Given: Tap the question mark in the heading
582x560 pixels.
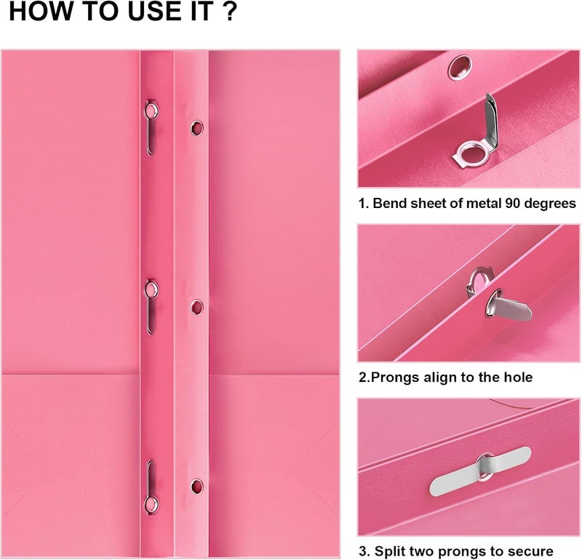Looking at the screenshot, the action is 230,11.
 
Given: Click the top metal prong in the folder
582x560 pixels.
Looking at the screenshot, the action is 151,127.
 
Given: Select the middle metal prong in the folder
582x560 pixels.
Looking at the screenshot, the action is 151,307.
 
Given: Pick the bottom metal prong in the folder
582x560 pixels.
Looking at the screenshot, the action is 151,487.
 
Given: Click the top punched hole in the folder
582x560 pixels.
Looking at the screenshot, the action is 197,128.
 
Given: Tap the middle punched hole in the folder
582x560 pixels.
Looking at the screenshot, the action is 197,308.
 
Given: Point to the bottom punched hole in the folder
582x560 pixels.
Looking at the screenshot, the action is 197,487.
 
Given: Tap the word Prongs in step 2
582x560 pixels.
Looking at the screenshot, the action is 395,377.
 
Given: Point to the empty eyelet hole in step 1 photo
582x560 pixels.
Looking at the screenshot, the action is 460,68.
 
